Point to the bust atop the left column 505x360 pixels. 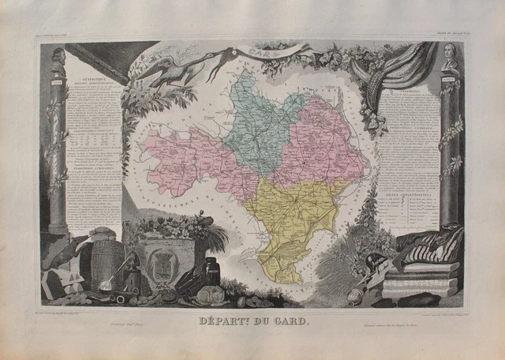tap(59, 62)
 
